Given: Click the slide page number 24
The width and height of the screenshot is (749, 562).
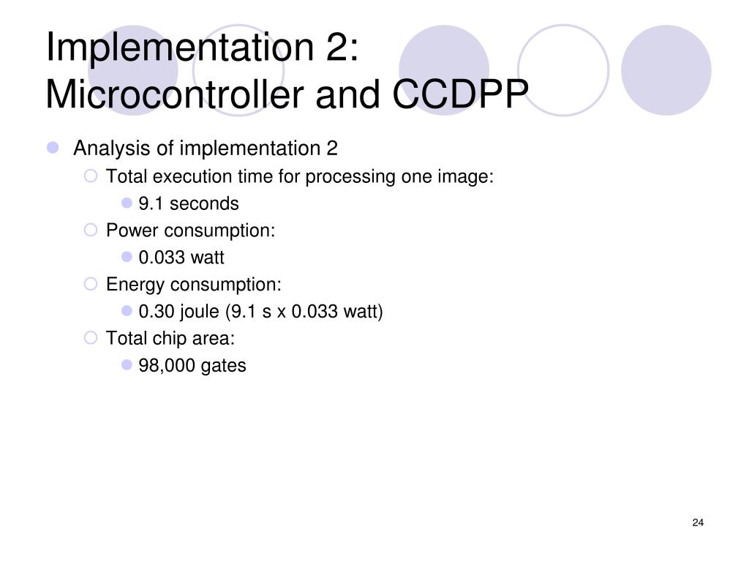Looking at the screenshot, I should coord(697,522).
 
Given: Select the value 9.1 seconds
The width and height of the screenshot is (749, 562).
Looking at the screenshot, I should coord(189,203).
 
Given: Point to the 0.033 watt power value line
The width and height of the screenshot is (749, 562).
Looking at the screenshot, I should coord(181,258).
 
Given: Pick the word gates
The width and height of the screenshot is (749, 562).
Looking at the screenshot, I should coord(224,365).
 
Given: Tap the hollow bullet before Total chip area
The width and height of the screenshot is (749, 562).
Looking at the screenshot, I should coord(91,338).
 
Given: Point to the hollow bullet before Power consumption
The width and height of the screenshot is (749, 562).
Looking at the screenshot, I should coord(91,231).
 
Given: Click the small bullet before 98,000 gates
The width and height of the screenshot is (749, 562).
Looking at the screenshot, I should coord(126,364).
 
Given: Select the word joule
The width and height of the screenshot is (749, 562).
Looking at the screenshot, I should coord(199,312).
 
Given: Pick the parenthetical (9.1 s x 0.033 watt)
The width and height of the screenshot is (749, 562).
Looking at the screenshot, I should coord(304,312).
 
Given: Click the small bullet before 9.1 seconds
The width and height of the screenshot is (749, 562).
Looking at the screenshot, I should coord(126,203).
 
